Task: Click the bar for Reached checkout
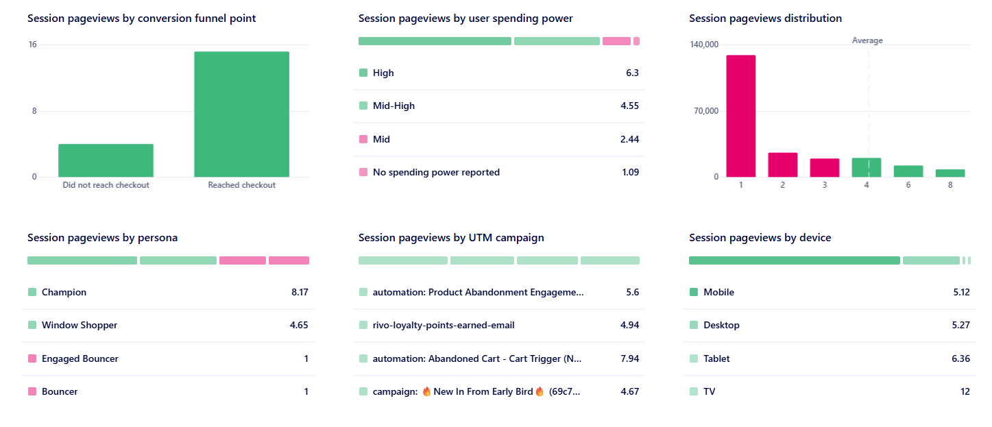point(241,114)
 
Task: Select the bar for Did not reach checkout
point(106,160)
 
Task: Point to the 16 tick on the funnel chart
point(32,45)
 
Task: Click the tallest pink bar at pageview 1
point(741,116)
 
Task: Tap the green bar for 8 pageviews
point(949,173)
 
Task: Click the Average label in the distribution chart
point(867,40)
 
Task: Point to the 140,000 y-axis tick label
point(703,45)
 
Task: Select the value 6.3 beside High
point(632,73)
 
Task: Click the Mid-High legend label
point(394,106)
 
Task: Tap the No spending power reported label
point(436,172)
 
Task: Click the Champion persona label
point(64,292)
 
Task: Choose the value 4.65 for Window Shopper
point(299,325)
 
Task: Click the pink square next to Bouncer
point(32,391)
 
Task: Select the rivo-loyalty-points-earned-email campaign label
point(443,325)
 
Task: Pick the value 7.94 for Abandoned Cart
point(629,358)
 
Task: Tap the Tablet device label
point(716,358)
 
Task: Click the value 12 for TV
point(965,391)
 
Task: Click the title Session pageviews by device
point(760,238)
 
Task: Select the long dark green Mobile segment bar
point(794,260)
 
